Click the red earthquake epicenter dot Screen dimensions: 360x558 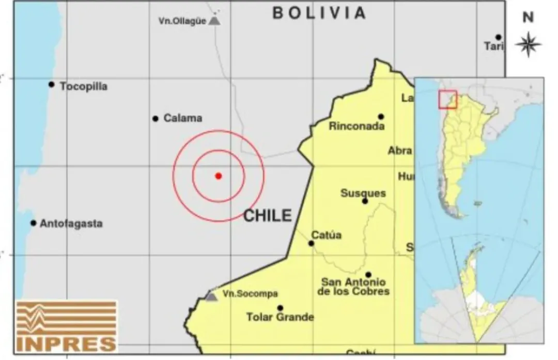point(219,176)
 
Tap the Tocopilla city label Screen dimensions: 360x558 point(84,86)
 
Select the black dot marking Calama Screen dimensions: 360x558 point(155,118)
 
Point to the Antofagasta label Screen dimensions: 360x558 point(71,224)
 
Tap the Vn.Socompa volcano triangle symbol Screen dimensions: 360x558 point(210,296)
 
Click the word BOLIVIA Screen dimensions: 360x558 point(319,13)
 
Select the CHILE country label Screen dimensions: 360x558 point(268,215)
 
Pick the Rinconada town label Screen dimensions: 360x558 point(357,126)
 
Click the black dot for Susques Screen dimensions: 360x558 point(365,201)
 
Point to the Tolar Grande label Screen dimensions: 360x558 point(280,317)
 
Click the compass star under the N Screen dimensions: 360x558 point(528,44)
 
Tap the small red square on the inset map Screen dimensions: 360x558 point(447,99)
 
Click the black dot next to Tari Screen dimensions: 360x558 point(498,37)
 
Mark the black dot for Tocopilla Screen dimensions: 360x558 point(51,84)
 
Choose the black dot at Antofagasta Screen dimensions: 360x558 point(33,223)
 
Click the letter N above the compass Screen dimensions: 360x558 point(528,18)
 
